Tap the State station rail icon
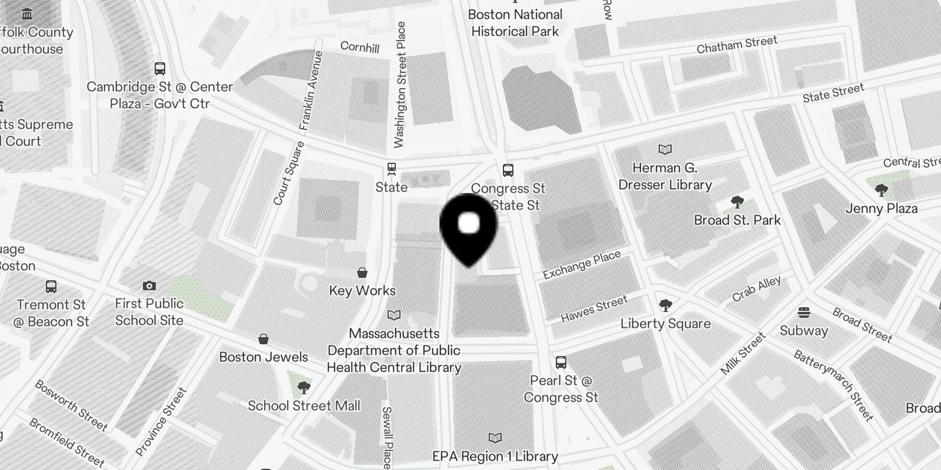click(391, 169)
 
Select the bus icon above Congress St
click(508, 170)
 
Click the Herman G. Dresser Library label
click(665, 176)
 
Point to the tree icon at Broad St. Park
click(737, 203)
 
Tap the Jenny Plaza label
click(881, 209)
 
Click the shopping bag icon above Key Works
click(362, 273)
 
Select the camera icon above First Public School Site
click(149, 286)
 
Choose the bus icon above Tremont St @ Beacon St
click(51, 287)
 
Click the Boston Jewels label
click(263, 357)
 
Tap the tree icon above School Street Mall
click(303, 387)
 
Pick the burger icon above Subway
click(804, 312)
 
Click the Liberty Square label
click(666, 324)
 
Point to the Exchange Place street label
click(582, 265)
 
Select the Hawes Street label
click(595, 309)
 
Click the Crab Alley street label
click(756, 289)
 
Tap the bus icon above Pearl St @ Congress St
click(561, 362)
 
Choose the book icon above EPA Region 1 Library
click(495, 438)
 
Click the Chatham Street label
click(737, 45)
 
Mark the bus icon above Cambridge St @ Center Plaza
click(160, 68)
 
